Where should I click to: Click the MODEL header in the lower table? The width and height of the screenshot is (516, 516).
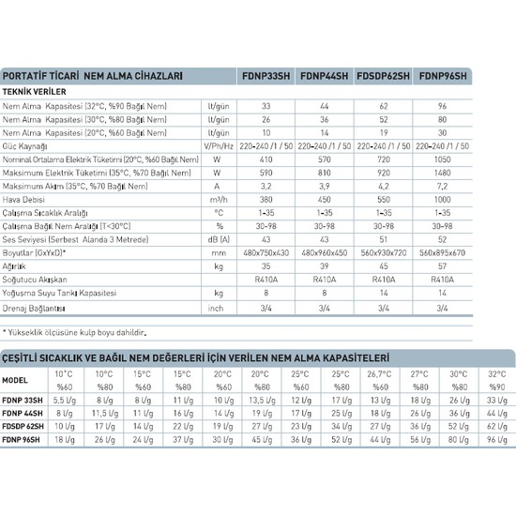tap(17, 380)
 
